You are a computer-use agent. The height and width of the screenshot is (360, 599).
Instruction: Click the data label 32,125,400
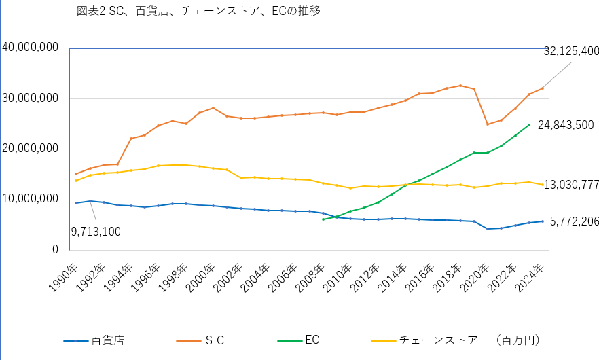571,52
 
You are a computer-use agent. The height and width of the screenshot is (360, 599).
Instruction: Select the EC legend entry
312,340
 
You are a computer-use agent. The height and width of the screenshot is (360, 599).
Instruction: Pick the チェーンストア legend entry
438,340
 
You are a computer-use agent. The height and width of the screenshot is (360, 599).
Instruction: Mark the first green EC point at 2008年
323,219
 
